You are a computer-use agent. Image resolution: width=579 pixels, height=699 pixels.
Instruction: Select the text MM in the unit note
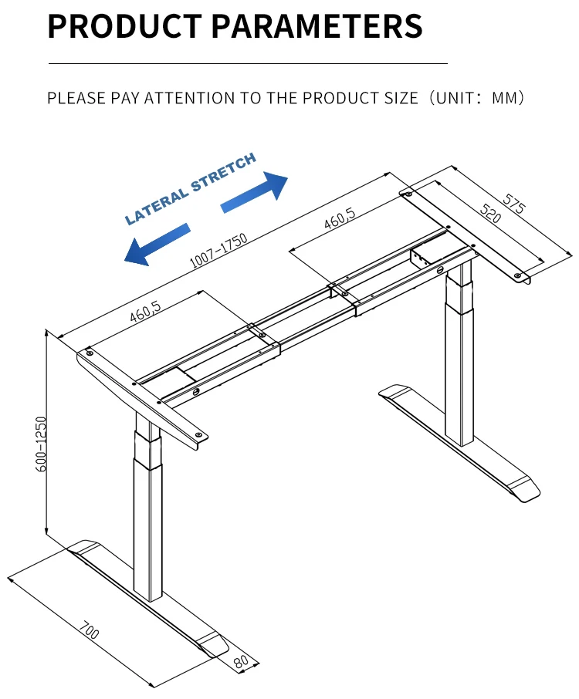click(507, 99)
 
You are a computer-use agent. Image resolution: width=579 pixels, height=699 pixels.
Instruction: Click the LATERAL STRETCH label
click(190, 189)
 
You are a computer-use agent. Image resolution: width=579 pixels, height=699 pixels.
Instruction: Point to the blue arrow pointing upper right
click(255, 192)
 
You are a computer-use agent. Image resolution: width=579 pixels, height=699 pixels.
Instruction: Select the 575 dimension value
click(514, 203)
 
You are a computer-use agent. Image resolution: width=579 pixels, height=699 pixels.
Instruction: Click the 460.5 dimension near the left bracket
click(146, 312)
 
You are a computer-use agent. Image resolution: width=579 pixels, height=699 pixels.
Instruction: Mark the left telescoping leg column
click(149, 509)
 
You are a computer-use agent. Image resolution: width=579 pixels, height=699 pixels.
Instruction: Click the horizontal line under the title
click(248, 63)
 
